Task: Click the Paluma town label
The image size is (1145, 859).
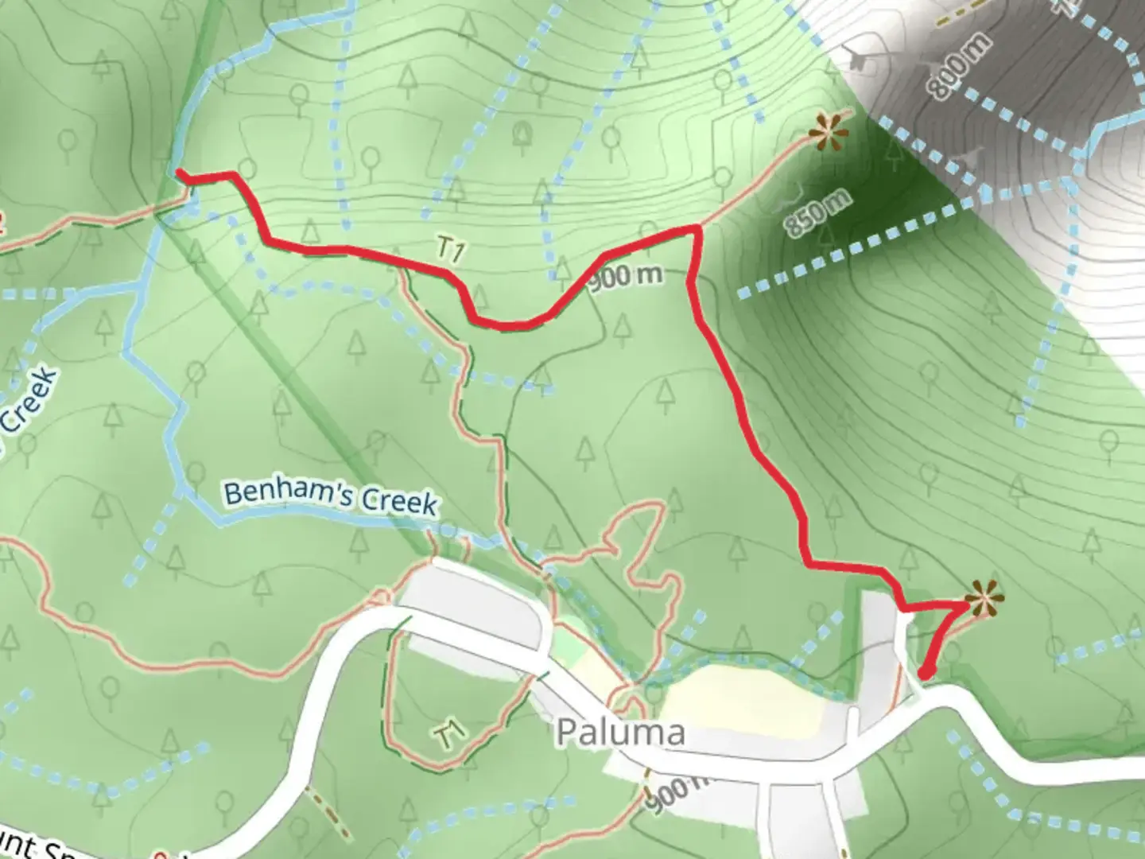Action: tap(620, 732)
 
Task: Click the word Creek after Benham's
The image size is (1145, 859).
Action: tap(399, 501)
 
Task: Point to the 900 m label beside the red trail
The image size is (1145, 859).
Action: tap(626, 276)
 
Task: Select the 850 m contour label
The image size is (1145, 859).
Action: tap(817, 213)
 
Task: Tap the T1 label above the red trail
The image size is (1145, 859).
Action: tap(451, 250)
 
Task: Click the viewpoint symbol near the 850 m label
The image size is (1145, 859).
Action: tap(829, 132)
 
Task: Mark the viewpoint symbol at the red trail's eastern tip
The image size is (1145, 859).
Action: tap(984, 599)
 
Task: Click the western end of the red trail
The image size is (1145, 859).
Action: tap(180, 173)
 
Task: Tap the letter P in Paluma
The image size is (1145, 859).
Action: tap(566, 733)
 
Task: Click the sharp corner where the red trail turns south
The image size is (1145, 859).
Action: tap(697, 230)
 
